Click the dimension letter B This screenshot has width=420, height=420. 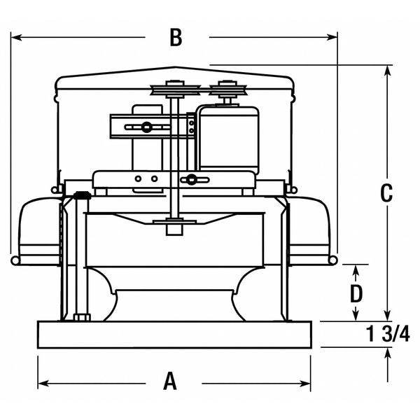point(176,38)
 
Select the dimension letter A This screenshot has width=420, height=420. point(170,381)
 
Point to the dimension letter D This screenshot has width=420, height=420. point(357,290)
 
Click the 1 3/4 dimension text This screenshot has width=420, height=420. point(387,335)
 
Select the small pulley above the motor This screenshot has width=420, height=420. point(225,90)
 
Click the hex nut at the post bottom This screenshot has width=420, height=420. point(80,317)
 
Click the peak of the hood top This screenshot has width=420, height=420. point(175,68)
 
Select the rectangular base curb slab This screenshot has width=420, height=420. point(174,337)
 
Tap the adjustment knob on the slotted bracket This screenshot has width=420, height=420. point(146,127)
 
